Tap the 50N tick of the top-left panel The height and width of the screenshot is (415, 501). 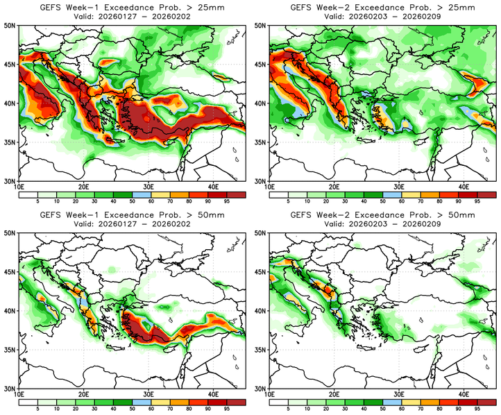coord(12,25)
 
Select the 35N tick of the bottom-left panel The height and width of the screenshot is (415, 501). coord(12,350)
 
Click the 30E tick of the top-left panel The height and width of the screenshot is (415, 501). coord(148,187)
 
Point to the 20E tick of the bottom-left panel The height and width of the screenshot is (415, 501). coord(83,395)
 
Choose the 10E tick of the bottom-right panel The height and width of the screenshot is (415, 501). coord(270,395)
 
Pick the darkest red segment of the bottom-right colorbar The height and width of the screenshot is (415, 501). coord(484,402)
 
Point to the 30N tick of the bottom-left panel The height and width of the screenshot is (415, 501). coord(12,389)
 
